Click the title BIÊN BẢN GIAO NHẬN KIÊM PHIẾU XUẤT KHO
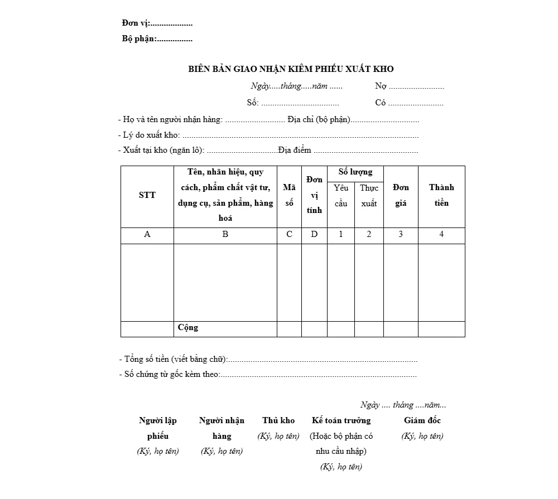tap(291, 69)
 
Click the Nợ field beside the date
tap(410, 86)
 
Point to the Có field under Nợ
tap(410, 103)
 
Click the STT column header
tap(147, 195)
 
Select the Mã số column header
tap(289, 196)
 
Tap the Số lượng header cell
tap(355, 172)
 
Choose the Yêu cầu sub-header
tap(341, 196)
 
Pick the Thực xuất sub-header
tap(369, 196)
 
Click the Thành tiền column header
tap(441, 195)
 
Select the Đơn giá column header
tap(401, 195)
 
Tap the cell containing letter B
tap(225, 235)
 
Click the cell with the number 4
tap(441, 235)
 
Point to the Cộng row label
tap(188, 328)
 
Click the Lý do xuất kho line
tap(268, 135)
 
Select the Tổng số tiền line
tap(268, 360)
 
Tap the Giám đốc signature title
tap(422, 420)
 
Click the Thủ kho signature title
tap(278, 420)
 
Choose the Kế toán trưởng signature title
tap(341, 420)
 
